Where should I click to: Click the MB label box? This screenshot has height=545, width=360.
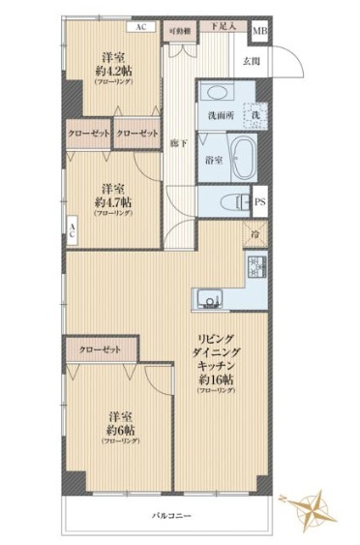pos(259,33)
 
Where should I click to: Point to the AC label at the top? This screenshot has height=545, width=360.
pos(141,26)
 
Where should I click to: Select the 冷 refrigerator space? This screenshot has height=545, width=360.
pos(254,235)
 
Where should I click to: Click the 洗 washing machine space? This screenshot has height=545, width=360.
pos(256,115)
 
